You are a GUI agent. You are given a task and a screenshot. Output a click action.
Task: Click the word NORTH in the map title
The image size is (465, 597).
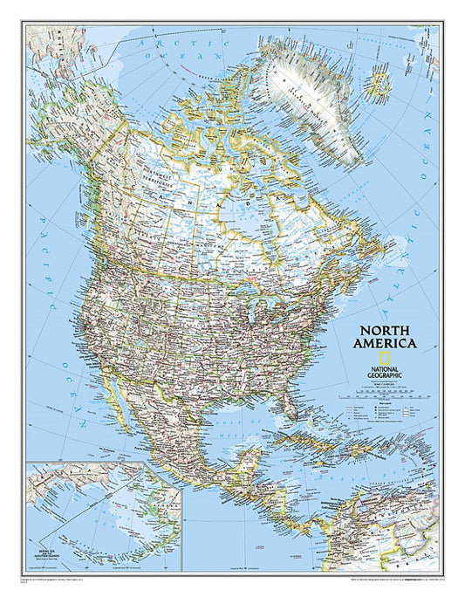point(385,331)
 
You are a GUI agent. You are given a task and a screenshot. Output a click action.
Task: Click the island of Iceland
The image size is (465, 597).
point(380,85)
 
